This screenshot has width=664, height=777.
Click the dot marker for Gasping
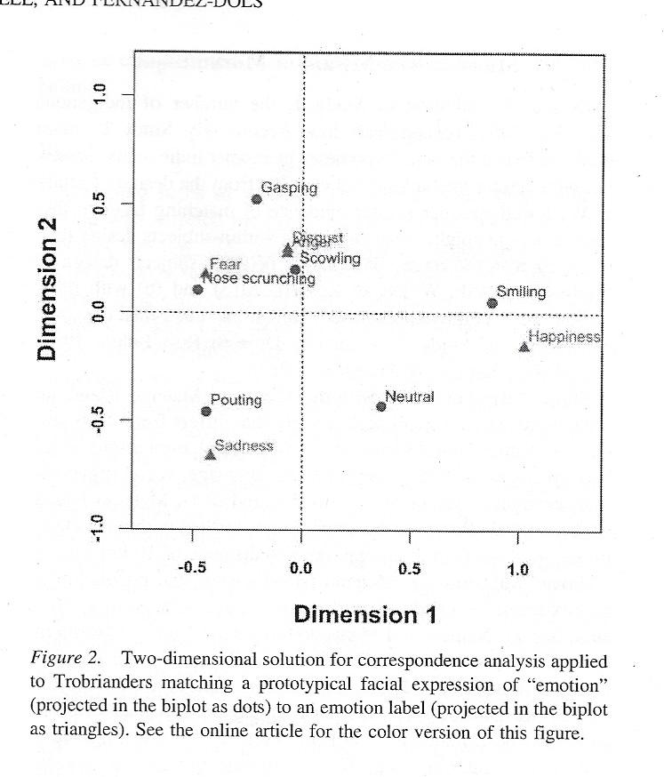[x=257, y=198]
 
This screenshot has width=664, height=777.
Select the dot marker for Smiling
[x=492, y=303]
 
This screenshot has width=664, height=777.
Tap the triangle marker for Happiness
[x=524, y=347]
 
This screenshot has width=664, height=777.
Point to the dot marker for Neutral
[x=381, y=406]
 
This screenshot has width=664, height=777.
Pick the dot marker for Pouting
[x=206, y=411]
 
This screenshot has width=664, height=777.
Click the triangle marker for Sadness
[x=211, y=454]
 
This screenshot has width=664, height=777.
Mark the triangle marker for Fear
[x=205, y=274]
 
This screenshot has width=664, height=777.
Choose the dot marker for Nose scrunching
[x=198, y=289]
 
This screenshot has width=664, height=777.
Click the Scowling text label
[x=330, y=259]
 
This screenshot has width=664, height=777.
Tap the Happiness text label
[x=564, y=337]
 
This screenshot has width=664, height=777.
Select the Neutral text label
[x=410, y=397]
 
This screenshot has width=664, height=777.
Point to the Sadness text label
[x=244, y=445]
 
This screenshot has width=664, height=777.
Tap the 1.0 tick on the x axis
[x=517, y=569]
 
